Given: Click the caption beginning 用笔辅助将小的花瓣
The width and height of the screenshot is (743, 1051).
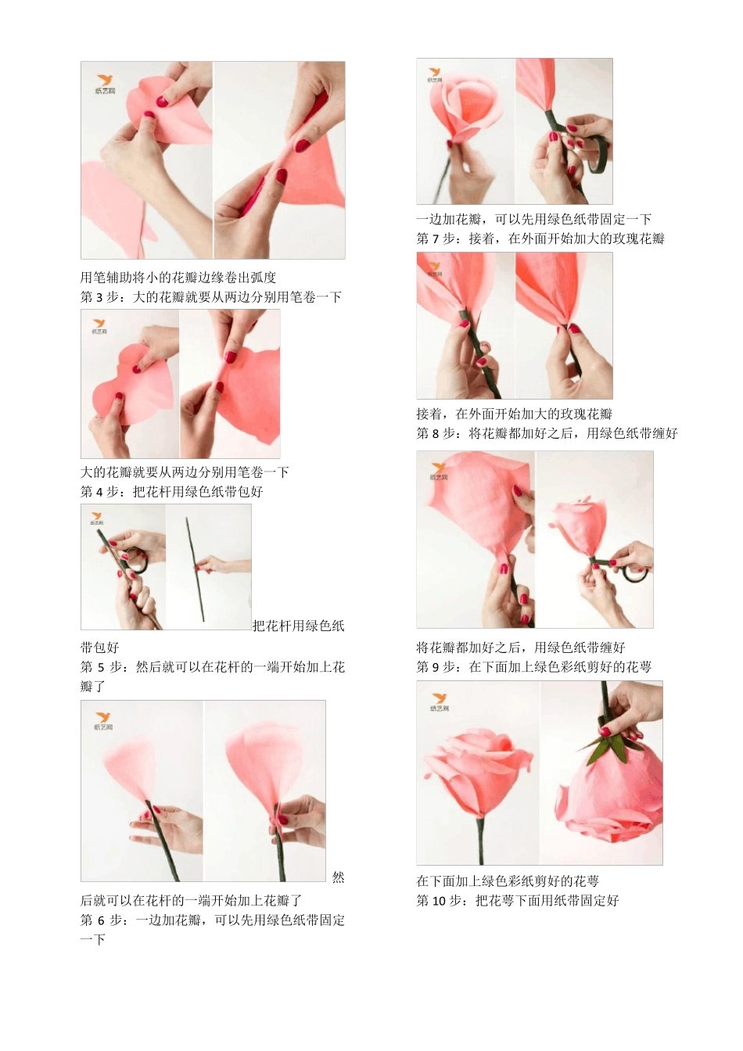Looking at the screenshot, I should pyautogui.click(x=178, y=278).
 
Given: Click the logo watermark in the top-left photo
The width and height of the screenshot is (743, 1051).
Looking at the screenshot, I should pyautogui.click(x=105, y=84).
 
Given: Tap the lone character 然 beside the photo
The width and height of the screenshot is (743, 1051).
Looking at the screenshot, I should pyautogui.click(x=338, y=877).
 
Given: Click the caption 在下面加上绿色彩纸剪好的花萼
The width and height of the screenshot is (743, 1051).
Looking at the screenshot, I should pyautogui.click(x=508, y=881).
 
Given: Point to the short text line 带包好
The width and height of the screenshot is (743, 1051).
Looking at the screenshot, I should pyautogui.click(x=100, y=647).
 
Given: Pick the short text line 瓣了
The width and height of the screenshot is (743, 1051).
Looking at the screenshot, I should pyautogui.click(x=93, y=687).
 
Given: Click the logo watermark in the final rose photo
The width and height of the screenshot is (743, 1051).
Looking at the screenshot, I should pyautogui.click(x=439, y=701).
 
